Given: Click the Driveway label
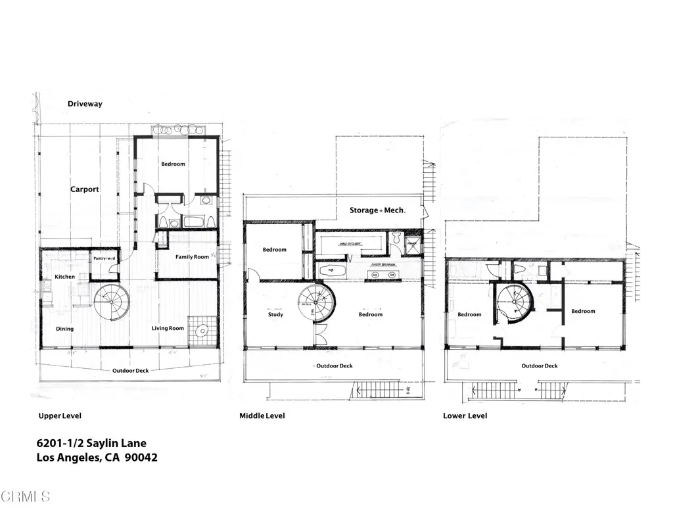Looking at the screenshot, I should point(85,104).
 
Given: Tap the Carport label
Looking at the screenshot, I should point(85,189).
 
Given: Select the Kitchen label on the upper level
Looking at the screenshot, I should point(64,277).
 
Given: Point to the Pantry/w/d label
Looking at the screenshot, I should point(104,258).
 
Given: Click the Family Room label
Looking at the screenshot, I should point(192,257).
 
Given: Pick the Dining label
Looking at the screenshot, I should point(64,329).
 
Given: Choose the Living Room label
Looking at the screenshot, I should point(168,329).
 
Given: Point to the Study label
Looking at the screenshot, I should point(275,315).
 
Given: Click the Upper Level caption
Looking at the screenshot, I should point(59,415).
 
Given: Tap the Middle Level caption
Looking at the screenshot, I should point(262,415).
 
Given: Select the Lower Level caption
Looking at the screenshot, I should point(465,415).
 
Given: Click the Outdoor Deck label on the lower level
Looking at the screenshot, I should point(540,366).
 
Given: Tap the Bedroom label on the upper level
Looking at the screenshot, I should point(173,164).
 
